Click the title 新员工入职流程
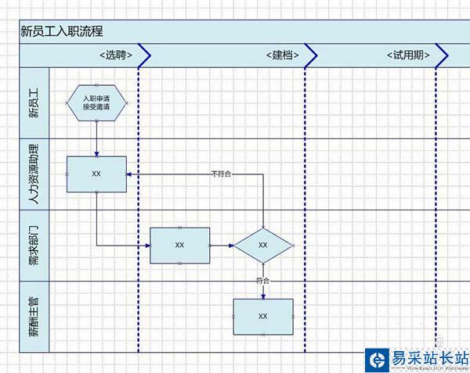click(x=62, y=31)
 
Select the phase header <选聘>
click(x=114, y=56)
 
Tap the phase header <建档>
click(x=280, y=56)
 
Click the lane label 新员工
click(x=34, y=103)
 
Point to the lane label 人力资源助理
click(x=34, y=174)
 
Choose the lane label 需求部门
click(x=34, y=245)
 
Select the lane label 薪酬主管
click(x=34, y=316)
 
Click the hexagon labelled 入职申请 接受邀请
click(x=96, y=102)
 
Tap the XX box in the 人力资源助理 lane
click(x=96, y=174)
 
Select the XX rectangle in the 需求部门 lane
click(x=179, y=245)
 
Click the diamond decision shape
click(x=262, y=245)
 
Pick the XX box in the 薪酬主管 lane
click(x=262, y=316)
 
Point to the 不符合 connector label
click(x=221, y=174)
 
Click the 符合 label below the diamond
click(x=262, y=280)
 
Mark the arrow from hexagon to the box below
click(x=96, y=139)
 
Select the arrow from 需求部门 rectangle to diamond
click(x=222, y=245)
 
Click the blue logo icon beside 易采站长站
click(x=377, y=360)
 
